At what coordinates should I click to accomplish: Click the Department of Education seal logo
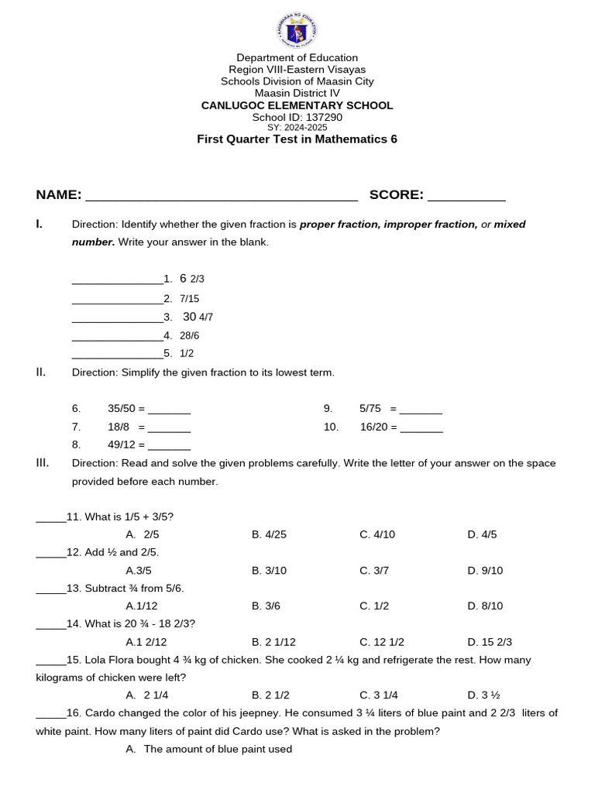(297, 31)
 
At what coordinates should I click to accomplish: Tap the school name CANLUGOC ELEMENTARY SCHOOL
(297, 105)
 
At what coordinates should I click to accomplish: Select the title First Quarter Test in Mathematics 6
(297, 139)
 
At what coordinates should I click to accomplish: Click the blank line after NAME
(221, 196)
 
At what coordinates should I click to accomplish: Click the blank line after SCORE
(466, 196)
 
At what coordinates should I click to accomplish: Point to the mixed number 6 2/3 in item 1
(191, 279)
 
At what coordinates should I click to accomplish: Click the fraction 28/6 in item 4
(189, 335)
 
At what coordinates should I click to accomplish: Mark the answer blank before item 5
(117, 354)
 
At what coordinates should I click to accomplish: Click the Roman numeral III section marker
(43, 463)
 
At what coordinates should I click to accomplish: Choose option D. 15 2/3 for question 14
(490, 642)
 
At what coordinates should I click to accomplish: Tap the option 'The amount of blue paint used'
(217, 749)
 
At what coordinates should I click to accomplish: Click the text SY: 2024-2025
(297, 127)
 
